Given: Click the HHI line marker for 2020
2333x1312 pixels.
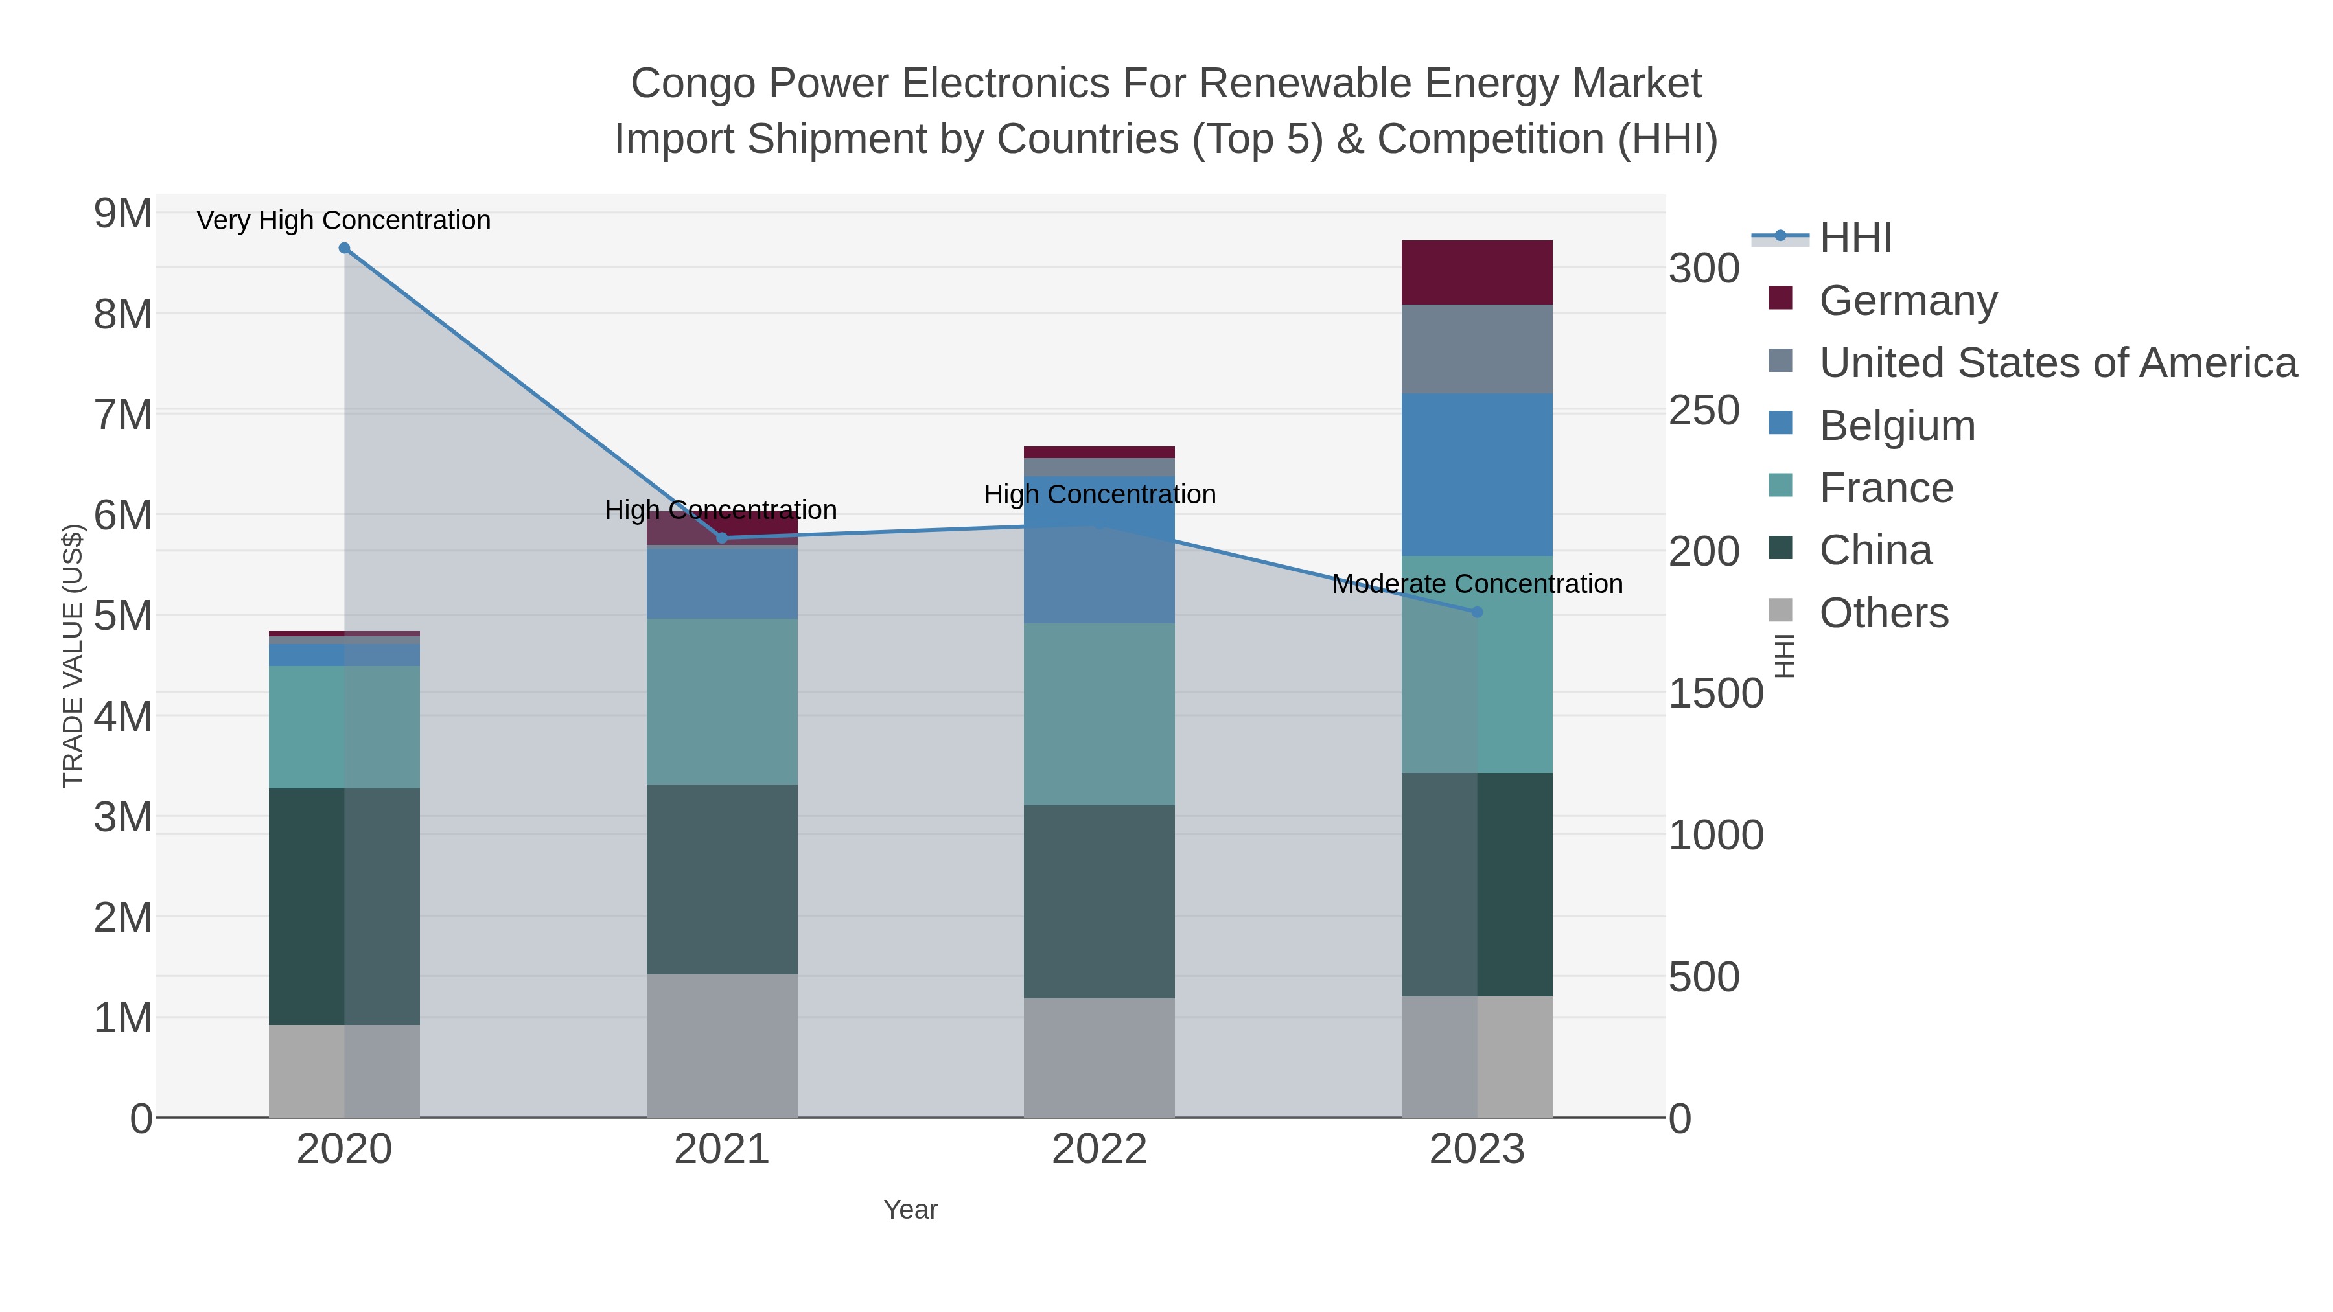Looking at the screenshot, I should click(x=344, y=248).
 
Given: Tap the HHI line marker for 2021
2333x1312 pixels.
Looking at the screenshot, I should click(x=722, y=538).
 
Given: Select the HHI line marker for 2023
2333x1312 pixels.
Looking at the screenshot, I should click(x=1477, y=612).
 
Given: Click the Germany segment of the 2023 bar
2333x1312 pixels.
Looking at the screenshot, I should click(x=1477, y=273).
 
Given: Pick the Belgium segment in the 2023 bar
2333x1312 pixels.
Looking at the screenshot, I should click(x=1477, y=474).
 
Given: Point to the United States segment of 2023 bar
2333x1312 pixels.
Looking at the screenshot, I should click(x=1477, y=349).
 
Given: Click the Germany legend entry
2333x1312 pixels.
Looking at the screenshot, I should click(x=1907, y=301).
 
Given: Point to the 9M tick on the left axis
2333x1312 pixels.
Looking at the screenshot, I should click(x=123, y=214).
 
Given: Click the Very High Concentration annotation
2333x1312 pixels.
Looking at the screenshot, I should click(x=343, y=220).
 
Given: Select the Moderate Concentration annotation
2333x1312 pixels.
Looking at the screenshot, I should click(x=1477, y=584).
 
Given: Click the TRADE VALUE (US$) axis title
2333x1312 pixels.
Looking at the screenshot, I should click(x=73, y=656).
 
